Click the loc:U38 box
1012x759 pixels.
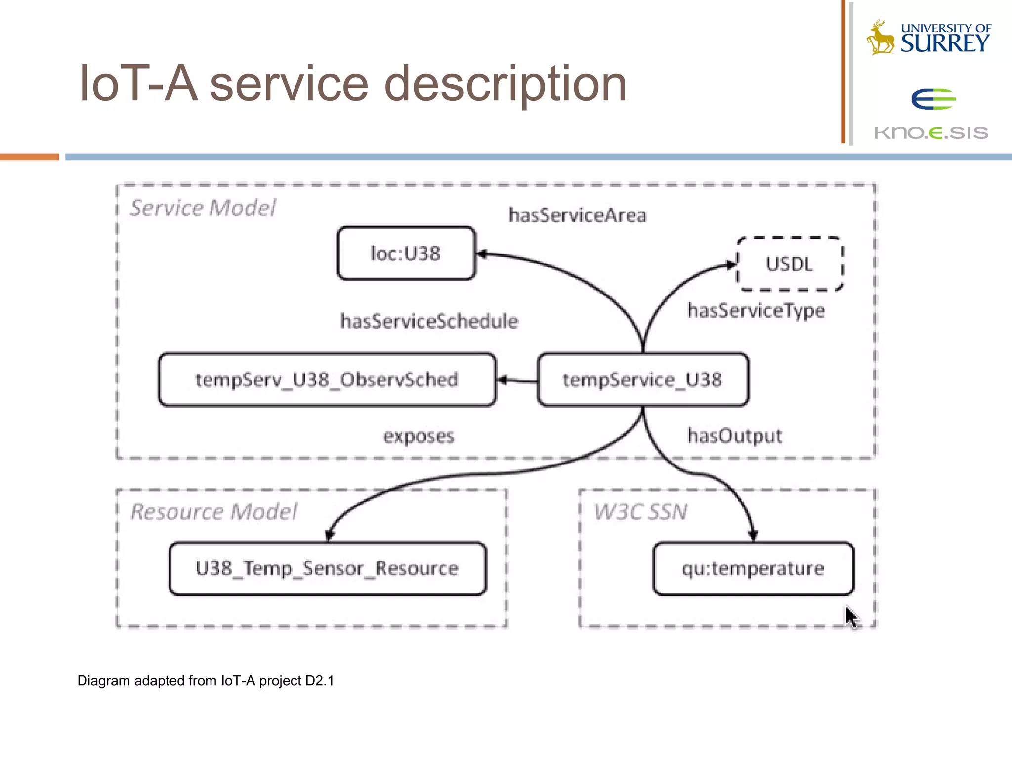click(406, 253)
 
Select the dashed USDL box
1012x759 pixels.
click(790, 264)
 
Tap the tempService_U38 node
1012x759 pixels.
click(642, 379)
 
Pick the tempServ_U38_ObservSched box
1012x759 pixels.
click(327, 379)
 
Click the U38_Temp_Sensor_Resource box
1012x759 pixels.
click(327, 568)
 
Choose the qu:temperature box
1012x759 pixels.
click(753, 568)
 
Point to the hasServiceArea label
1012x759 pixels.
click(577, 215)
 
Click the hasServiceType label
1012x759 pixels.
click(756, 311)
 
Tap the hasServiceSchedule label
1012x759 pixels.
click(429, 321)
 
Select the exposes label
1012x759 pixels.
click(419, 436)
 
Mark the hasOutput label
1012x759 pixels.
click(734, 436)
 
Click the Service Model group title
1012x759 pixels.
click(203, 208)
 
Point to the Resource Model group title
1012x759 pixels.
click(214, 511)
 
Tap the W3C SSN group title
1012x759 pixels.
click(640, 511)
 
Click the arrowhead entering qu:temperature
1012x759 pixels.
click(753, 535)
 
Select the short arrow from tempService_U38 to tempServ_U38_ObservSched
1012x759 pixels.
click(516, 380)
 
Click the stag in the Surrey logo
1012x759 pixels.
click(881, 38)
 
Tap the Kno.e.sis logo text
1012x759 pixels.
click(931, 132)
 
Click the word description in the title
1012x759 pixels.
click(505, 84)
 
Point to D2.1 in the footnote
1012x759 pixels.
click(319, 681)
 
